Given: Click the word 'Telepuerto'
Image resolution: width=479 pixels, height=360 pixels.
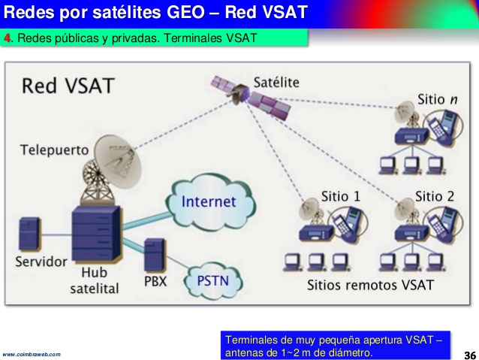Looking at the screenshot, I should pyautogui.click(x=54, y=148).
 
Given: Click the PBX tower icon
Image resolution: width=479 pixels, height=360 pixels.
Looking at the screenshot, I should pyautogui.click(x=155, y=256).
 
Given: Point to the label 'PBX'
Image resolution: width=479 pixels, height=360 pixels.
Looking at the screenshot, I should pyautogui.click(x=155, y=282).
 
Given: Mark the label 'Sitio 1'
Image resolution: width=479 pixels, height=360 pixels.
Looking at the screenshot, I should pyautogui.click(x=340, y=196).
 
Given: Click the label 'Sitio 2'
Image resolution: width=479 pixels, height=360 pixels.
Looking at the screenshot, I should pyautogui.click(x=434, y=196).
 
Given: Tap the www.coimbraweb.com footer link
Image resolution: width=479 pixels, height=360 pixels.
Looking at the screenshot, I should pyautogui.click(x=32, y=354).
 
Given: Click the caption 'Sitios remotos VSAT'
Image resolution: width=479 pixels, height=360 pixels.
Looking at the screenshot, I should pyautogui.click(x=370, y=286).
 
